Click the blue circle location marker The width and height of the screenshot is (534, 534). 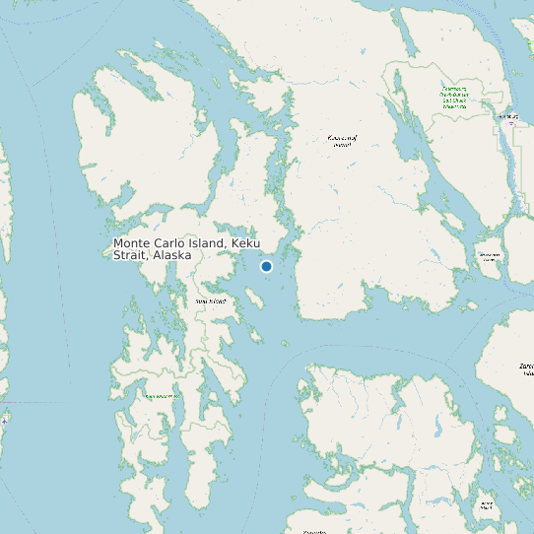click(266, 266)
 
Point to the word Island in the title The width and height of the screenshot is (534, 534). click(212, 243)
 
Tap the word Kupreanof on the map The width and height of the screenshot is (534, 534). click(342, 138)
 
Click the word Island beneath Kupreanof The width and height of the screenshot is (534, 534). click(342, 145)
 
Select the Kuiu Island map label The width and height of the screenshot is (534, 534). click(211, 300)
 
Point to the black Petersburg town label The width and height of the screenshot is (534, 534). click(508, 116)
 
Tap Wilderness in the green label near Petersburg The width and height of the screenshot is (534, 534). click(454, 105)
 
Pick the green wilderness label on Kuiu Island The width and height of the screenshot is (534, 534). click(163, 396)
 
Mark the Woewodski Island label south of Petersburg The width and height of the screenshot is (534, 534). click(490, 256)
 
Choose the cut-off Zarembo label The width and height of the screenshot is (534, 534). click(526, 369)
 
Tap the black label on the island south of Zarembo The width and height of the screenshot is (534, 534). click(485, 506)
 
